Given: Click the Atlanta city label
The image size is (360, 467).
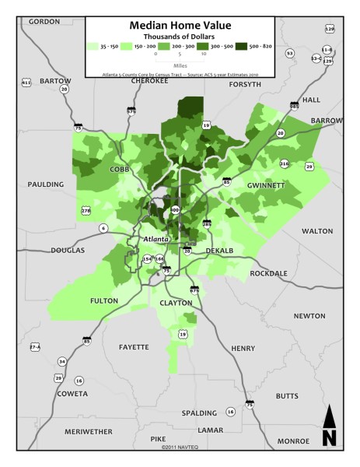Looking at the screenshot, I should pos(154,241).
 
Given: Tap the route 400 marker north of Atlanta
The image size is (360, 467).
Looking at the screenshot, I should pos(174,210).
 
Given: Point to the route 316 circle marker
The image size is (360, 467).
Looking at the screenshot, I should pos(284,163).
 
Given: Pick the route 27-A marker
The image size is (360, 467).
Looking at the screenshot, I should pos(34,346).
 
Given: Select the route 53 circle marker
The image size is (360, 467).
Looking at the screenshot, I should pos(289,53).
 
